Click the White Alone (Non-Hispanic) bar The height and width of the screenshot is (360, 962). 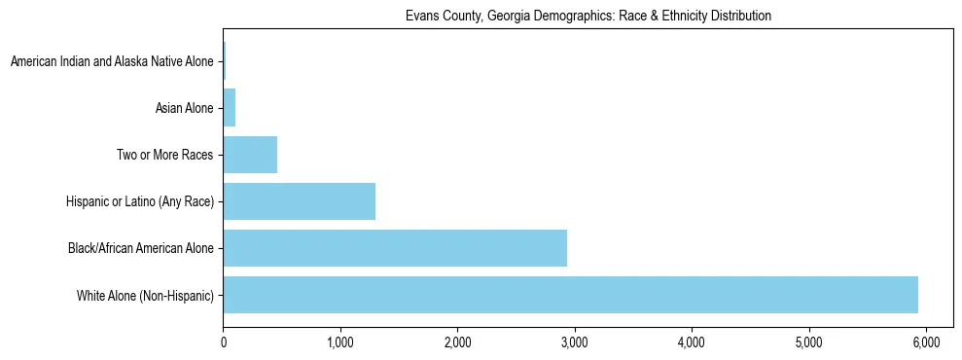(x=570, y=295)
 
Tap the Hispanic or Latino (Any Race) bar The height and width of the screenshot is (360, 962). (x=299, y=201)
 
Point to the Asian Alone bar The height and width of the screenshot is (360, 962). (x=230, y=108)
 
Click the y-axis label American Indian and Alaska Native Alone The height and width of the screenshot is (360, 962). (x=112, y=61)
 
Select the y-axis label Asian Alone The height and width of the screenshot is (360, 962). (x=184, y=108)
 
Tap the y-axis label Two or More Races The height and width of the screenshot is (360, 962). (x=164, y=155)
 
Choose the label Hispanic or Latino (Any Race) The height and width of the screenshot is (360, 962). (x=140, y=201)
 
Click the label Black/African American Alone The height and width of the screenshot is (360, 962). (x=141, y=248)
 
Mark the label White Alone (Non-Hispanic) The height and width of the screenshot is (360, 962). (x=145, y=295)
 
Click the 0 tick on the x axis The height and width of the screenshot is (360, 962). (x=223, y=342)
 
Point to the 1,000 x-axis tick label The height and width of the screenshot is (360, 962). (x=340, y=342)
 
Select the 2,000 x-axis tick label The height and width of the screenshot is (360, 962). (x=457, y=342)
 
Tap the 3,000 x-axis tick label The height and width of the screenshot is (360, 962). (x=575, y=342)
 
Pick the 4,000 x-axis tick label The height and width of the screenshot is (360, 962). (x=692, y=342)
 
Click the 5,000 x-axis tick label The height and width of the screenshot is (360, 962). (x=809, y=342)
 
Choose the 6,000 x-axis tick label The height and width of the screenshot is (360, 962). (x=926, y=342)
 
